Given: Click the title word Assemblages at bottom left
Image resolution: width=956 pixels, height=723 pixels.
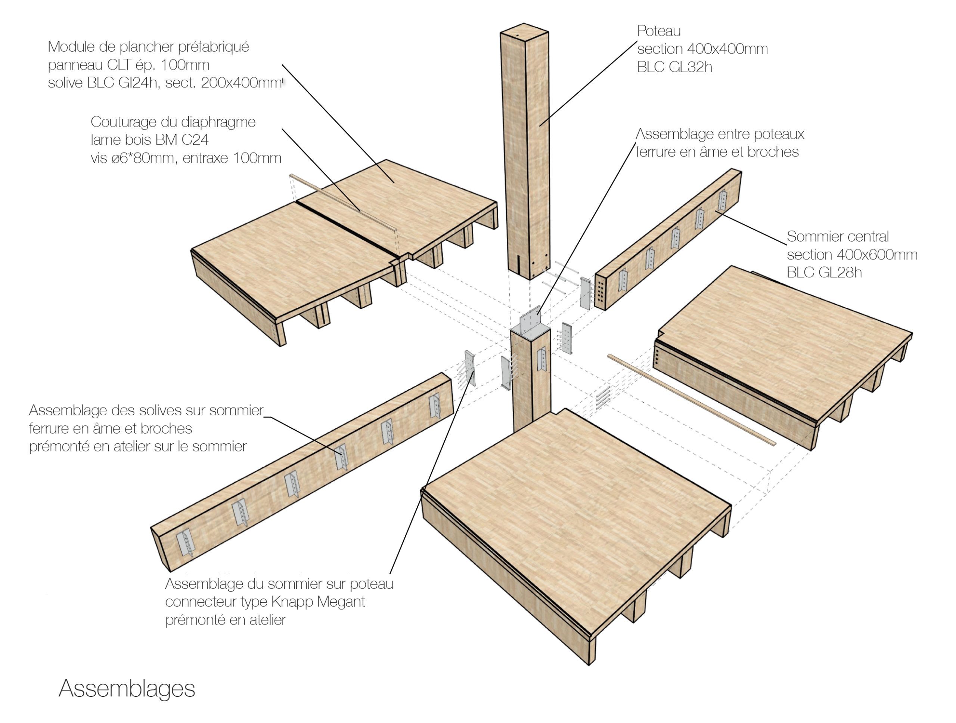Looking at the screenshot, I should (127, 688).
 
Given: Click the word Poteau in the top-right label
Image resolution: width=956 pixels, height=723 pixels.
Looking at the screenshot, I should (659, 31).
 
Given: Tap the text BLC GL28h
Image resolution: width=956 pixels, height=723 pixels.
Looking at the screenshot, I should (824, 272).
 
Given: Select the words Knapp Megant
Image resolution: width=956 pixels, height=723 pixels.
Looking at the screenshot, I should (318, 602).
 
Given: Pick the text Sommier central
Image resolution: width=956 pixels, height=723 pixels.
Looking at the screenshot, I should (837, 236).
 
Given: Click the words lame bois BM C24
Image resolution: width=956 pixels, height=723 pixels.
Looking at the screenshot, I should (149, 140).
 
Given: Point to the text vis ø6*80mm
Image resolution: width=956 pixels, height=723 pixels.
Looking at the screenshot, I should (133, 158).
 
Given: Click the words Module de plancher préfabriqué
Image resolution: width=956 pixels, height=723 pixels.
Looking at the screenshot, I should (148, 47).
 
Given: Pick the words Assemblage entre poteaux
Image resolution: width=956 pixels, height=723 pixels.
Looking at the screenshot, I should (720, 134).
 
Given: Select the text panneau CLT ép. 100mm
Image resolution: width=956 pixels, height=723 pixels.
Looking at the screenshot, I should (128, 65).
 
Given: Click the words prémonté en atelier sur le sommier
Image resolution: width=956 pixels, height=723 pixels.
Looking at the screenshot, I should (137, 446).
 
